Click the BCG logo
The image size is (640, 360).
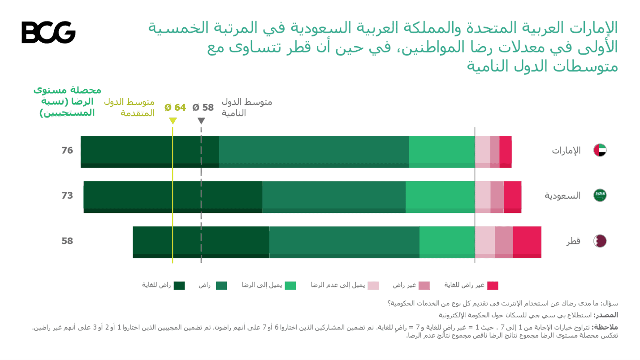48,32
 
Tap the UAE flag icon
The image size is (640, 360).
600,151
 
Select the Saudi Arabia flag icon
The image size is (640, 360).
600,195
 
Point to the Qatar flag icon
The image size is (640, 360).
600,241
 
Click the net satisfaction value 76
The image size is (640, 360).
67,151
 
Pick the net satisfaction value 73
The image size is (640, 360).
67,195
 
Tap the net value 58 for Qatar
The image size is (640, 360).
67,241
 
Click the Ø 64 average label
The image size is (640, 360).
175,108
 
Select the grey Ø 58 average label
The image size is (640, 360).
203,108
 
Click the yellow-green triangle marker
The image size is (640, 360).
173,121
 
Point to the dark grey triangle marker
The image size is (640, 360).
201,121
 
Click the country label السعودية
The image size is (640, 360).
562,196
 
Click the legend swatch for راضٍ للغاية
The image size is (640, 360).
179,286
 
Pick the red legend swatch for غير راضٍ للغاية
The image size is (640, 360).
493,286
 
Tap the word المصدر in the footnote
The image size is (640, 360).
609,315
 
